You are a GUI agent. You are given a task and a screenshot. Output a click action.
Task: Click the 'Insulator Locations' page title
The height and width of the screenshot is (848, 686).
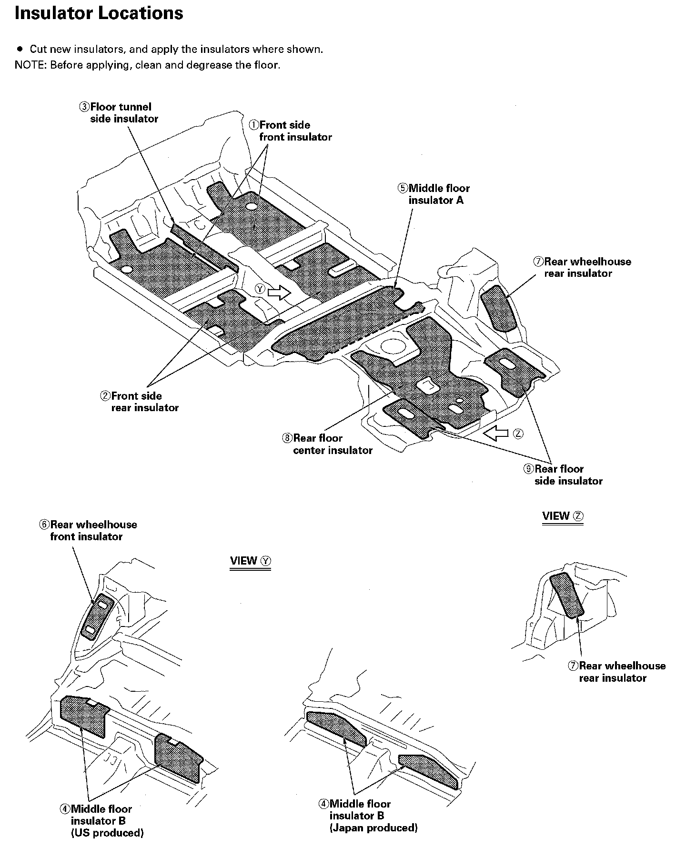pos(99,13)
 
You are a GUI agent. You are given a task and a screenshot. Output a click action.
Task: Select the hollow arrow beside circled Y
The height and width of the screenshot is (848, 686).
pos(279,292)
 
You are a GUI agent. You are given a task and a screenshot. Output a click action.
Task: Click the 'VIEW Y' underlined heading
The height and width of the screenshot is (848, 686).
pos(250,561)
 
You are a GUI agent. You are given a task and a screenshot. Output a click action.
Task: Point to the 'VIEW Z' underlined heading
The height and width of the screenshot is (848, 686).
pos(563,516)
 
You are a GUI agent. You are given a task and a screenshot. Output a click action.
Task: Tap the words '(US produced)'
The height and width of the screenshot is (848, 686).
pos(107,833)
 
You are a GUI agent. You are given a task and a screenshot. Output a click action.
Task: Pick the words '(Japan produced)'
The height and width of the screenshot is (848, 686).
pos(373,828)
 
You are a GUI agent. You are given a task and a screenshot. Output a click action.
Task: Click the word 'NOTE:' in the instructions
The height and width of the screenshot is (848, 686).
pos(30,65)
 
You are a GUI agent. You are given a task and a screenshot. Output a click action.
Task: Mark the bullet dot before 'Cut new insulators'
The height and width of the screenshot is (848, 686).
pos(20,49)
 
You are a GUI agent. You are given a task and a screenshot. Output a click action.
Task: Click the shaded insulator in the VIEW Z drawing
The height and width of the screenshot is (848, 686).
pos(567,596)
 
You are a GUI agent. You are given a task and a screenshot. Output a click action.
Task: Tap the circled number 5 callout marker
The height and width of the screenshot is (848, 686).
pos(403,188)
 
